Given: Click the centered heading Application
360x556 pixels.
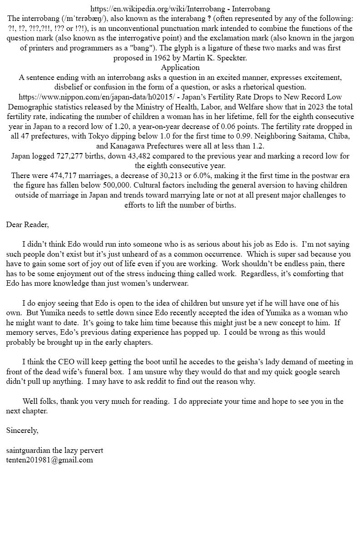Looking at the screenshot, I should (x=180, y=68).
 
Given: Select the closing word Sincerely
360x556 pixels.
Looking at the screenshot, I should (x=22, y=431).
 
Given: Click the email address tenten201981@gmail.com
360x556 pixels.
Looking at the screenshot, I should (x=50, y=460).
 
